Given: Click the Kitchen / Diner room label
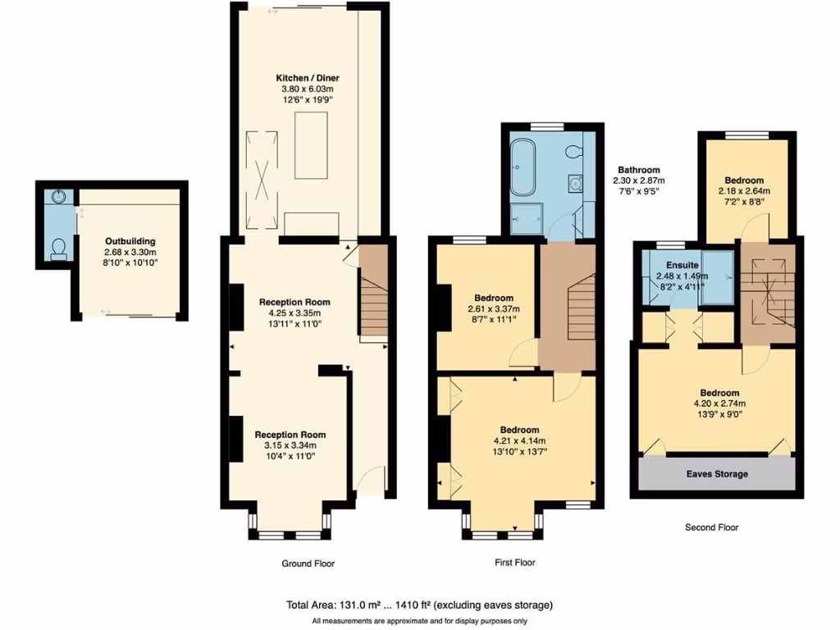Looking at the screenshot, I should (x=308, y=79).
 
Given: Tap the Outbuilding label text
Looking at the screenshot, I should (x=130, y=241).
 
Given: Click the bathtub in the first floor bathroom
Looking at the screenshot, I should (x=522, y=169).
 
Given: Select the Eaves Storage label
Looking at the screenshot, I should (x=717, y=474).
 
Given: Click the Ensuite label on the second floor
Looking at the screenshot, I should (x=682, y=266).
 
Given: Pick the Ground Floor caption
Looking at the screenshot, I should (x=308, y=564).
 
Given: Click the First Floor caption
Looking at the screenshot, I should (x=514, y=563).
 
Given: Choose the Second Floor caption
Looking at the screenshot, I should (x=712, y=527).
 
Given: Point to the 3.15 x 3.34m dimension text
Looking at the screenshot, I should (x=290, y=445).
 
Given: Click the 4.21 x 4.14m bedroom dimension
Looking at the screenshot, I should (x=520, y=441).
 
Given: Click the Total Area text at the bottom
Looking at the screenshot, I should (x=418, y=605).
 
